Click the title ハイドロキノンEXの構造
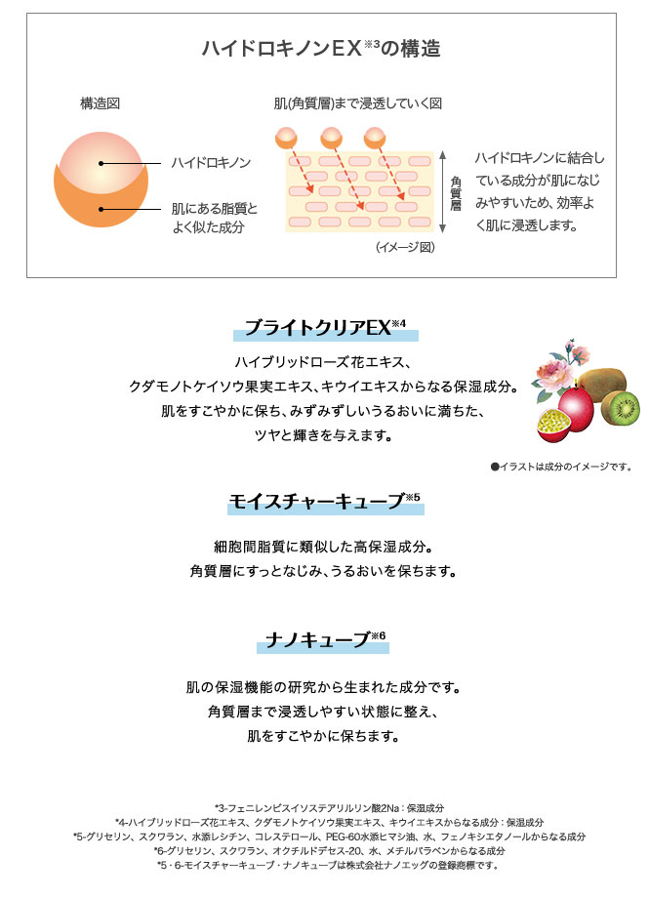click(321, 48)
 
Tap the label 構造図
click(100, 103)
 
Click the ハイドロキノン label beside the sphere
click(211, 163)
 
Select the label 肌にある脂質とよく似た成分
click(215, 219)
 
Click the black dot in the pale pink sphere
click(101, 163)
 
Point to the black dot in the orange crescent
click(101, 209)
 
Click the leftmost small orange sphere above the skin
click(286, 138)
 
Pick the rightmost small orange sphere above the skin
click(375, 138)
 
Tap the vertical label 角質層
click(456, 193)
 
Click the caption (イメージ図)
click(405, 247)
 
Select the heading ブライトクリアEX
click(325, 328)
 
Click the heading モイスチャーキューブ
click(324, 501)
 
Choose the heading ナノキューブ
click(325, 639)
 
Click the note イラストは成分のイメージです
click(561, 467)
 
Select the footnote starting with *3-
click(329, 808)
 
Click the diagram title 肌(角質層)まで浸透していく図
click(358, 103)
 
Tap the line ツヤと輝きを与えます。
click(324, 436)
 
